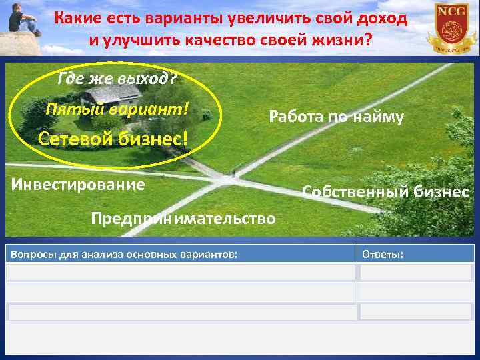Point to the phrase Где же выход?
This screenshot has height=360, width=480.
pyautogui.click(x=117, y=79)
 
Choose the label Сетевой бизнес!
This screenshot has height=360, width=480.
pyautogui.click(x=113, y=139)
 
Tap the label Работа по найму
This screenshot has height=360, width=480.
pyautogui.click(x=336, y=117)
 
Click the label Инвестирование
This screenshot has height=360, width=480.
pyautogui.click(x=78, y=184)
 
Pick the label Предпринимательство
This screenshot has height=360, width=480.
pyautogui.click(x=183, y=219)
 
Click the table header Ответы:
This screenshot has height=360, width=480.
pyautogui.click(x=383, y=253)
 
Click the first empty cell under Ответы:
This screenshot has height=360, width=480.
pyautogui.click(x=416, y=272)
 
